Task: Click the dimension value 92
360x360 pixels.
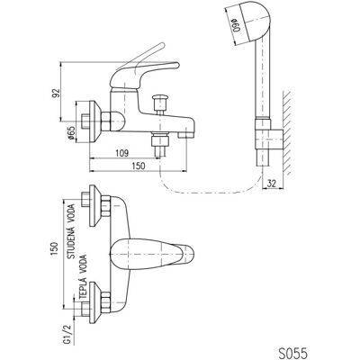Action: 57,93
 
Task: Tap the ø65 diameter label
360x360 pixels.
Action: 71,131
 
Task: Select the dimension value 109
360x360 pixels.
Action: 122,153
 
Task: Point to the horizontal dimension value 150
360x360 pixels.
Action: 139,166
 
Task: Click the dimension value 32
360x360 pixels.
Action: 271,184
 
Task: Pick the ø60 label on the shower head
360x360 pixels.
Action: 237,25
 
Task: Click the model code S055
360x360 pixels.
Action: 291,350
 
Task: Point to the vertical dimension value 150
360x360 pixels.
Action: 54,248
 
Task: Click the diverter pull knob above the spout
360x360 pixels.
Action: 160,103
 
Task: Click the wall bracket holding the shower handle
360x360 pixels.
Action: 269,134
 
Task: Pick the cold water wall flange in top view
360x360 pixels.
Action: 94,206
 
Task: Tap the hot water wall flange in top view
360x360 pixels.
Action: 94,302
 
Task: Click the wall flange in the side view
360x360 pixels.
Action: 94,121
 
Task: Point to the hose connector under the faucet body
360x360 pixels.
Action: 160,144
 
